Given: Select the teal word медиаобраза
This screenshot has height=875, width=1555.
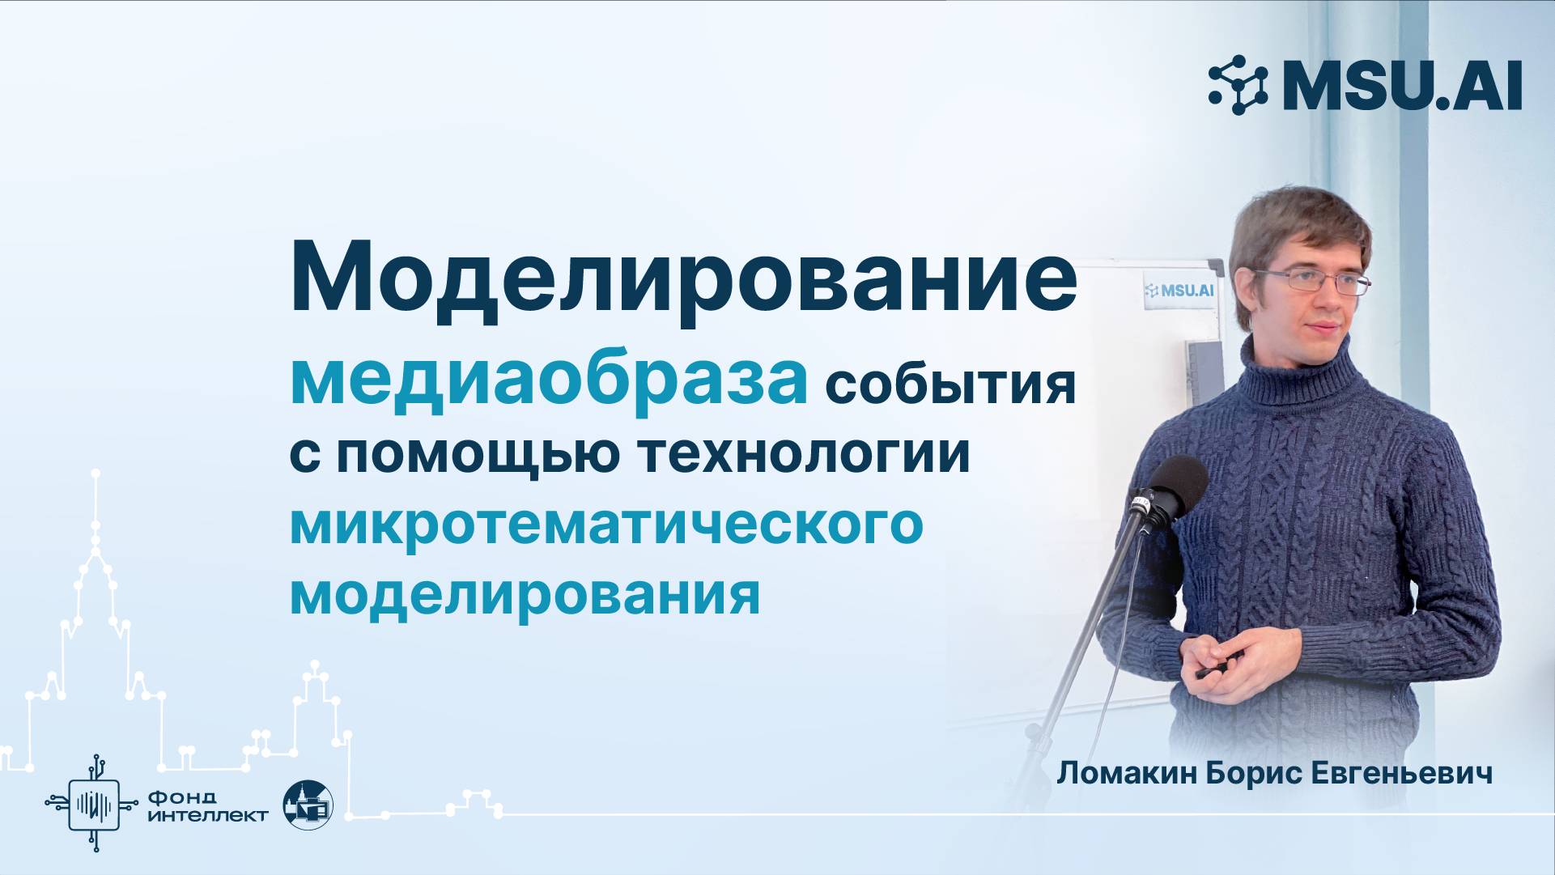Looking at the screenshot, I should tap(549, 380).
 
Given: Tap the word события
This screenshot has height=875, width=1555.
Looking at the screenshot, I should tap(950, 386).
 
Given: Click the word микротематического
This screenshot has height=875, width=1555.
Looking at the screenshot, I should tap(606, 525).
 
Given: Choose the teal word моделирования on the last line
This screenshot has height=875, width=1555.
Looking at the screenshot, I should tap(525, 594).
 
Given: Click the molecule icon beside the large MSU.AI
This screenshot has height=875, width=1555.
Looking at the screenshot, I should tap(1238, 85).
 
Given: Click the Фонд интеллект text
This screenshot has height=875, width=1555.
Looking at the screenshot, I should tap(208, 806).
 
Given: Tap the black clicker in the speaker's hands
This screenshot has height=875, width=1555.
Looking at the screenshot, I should tap(1209, 672).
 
